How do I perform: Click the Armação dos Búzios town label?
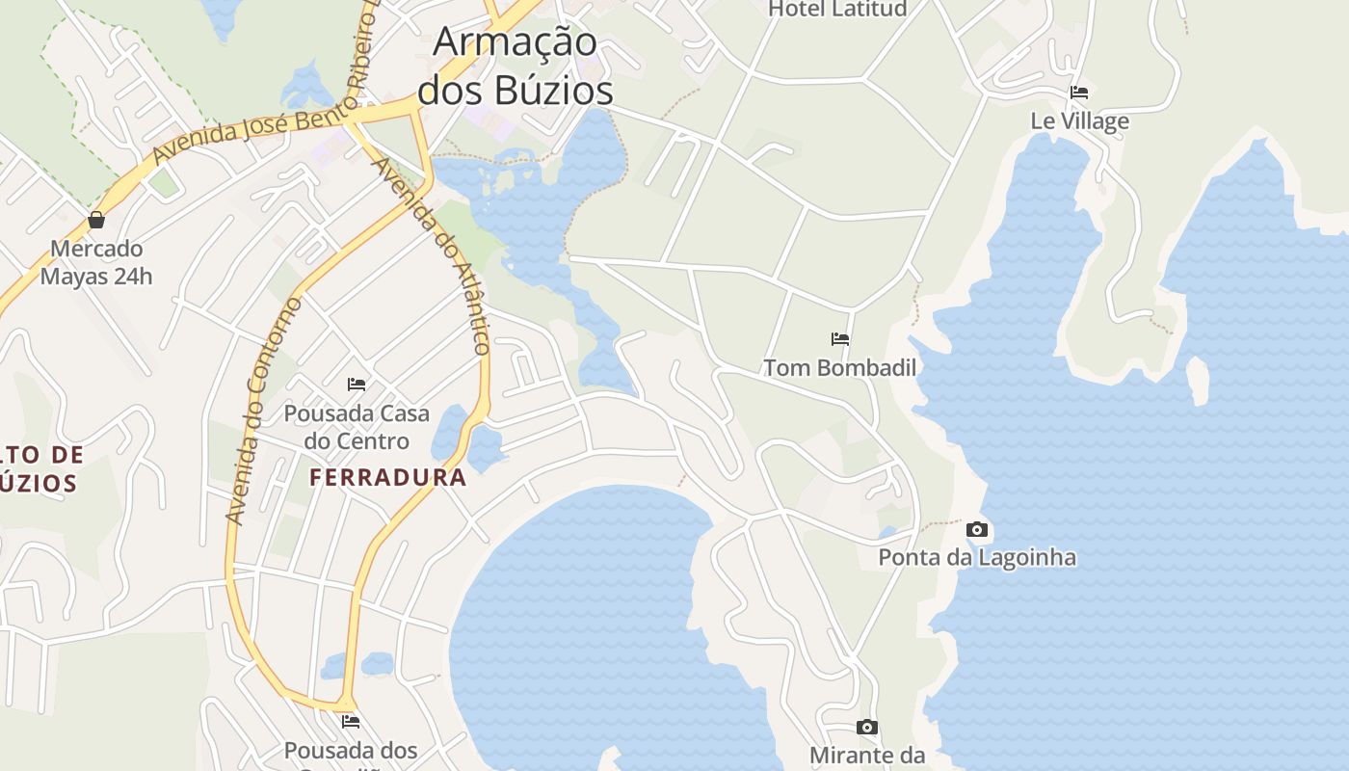pos(516,66)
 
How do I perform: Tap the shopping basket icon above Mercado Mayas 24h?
pos(96,220)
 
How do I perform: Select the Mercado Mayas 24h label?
pos(96,262)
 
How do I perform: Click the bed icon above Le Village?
pos(1079,93)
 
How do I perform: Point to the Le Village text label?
pos(1079,121)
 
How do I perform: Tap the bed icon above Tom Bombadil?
pos(840,339)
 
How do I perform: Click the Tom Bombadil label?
pos(840,367)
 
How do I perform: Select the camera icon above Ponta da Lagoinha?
pos(977,529)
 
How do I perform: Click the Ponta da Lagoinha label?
pos(977,557)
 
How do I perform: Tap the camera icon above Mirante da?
pos(867,727)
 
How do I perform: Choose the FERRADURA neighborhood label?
pos(388,477)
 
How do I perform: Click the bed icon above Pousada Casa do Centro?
pos(357,385)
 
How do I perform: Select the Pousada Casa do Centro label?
pos(357,427)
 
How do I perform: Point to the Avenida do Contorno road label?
pos(262,412)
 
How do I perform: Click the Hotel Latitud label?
pos(837,10)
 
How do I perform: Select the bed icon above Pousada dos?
pos(351,721)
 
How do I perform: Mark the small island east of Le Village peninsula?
pos(1198,380)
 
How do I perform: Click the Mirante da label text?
pos(867,755)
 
